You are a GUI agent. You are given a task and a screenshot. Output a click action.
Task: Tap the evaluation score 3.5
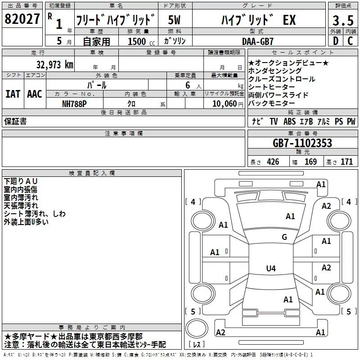tap(342, 20)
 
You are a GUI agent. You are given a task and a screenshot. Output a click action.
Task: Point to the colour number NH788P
tap(75, 103)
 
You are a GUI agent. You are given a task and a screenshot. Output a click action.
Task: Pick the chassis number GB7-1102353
tap(302, 143)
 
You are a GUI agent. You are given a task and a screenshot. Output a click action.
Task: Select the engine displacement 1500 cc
tap(139, 41)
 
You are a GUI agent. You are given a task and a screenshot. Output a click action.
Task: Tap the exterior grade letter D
tap(335, 40)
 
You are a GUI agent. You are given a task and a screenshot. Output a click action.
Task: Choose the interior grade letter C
tap(350, 40)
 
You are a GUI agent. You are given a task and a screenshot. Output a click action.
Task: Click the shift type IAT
tap(13, 94)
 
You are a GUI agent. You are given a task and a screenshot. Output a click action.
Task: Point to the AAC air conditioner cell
tap(34, 94)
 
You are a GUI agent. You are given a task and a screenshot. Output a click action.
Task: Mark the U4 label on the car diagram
tap(270, 269)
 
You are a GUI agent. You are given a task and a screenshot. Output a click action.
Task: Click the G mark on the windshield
tap(284, 237)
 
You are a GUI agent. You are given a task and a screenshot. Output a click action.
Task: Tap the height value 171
tap(346, 162)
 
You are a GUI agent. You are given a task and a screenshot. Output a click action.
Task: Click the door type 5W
tap(175, 20)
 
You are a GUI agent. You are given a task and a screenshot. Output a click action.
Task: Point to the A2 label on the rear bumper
tap(220, 332)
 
